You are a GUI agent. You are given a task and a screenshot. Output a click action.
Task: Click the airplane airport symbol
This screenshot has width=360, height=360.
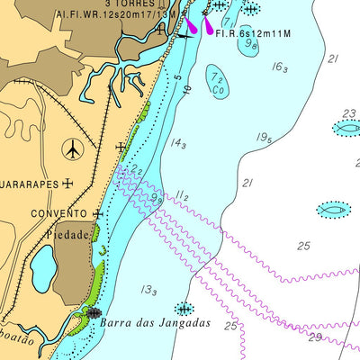pyautogui.click(x=74, y=147)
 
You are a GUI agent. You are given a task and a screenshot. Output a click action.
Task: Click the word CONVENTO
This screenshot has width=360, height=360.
pyautogui.click(x=58, y=214)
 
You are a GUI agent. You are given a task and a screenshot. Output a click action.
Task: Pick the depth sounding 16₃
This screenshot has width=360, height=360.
pyautogui.click(x=280, y=67)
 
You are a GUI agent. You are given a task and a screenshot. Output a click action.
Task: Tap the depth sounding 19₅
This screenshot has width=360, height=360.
pyautogui.click(x=264, y=137)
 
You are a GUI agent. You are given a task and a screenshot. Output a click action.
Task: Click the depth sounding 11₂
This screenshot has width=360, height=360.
pyautogui.click(x=183, y=194)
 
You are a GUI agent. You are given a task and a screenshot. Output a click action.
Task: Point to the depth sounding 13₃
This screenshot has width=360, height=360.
pyautogui.click(x=149, y=290)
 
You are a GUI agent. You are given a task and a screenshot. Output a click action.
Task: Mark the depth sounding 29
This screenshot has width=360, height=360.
pyautogui.click(x=314, y=337)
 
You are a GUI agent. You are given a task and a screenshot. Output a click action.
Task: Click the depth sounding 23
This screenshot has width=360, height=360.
pyautogui.click(x=349, y=113)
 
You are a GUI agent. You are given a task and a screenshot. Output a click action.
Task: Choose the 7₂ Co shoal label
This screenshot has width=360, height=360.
pyautogui.click(x=216, y=84)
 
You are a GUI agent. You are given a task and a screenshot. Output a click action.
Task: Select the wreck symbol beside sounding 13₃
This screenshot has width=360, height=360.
pyautogui.click(x=184, y=308)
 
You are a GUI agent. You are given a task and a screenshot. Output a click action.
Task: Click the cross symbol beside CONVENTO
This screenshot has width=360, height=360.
pyautogui.click(x=96, y=214)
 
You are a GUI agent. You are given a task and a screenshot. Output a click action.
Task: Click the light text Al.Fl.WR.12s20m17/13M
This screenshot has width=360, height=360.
pyautogui.click(x=111, y=15)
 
